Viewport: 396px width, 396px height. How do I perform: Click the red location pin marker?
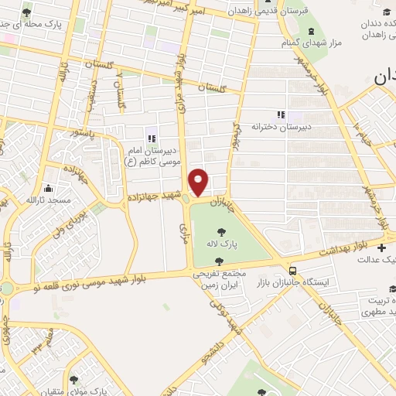(x=200, y=181)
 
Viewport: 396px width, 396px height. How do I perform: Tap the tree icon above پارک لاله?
(x=222, y=230)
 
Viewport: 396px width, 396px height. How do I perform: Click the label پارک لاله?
(x=222, y=243)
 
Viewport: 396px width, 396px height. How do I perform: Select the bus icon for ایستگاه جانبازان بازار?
(x=292, y=271)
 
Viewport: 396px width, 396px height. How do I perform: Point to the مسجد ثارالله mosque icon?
(x=49, y=188)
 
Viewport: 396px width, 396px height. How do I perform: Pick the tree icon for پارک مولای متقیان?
(x=74, y=380)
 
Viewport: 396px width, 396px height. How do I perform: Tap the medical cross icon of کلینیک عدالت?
(x=383, y=247)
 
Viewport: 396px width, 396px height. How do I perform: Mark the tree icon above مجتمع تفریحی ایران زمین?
(x=219, y=261)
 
